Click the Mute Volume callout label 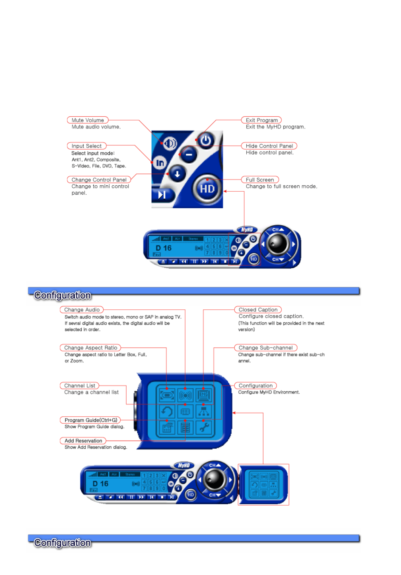click(x=88, y=120)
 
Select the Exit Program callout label click(x=261, y=120)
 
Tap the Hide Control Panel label click(x=269, y=146)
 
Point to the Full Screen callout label click(x=260, y=180)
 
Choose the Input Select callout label click(x=86, y=146)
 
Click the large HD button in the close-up click(x=207, y=189)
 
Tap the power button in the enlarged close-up click(x=206, y=140)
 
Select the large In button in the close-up click(x=160, y=162)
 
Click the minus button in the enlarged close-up click(x=189, y=154)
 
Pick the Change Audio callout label click(x=82, y=310)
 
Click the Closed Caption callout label click(x=258, y=310)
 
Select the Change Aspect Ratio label click(x=90, y=348)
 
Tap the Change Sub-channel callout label click(x=265, y=348)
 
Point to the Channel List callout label click(x=80, y=385)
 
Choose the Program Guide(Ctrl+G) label click(x=91, y=420)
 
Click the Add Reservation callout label click(x=83, y=441)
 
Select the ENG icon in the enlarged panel click(x=204, y=395)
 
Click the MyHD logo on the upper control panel click(x=247, y=230)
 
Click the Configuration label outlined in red click(x=255, y=385)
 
